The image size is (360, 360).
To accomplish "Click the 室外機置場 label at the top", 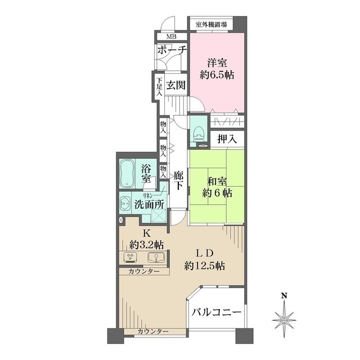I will click(x=211, y=24).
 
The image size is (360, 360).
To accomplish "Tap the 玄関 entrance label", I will click(x=175, y=85).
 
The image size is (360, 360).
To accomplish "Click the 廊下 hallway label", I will click(x=179, y=181).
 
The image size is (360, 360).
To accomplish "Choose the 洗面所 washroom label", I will click(x=149, y=205).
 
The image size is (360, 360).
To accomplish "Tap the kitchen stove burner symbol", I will click(x=132, y=258).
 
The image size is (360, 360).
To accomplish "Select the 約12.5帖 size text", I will click(x=205, y=264).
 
